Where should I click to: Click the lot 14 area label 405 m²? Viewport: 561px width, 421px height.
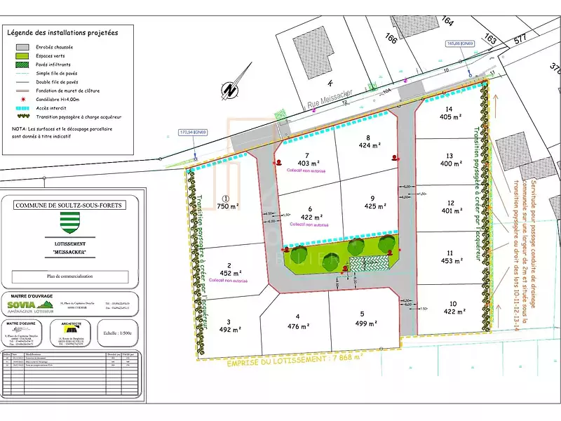pos(448,117)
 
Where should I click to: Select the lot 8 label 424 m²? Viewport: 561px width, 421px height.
pos(369,146)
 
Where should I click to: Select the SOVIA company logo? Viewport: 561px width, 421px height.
pos(29,304)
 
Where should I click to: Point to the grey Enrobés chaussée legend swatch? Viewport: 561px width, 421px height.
pos(23,47)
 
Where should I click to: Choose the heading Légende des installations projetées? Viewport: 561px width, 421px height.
pos(62,32)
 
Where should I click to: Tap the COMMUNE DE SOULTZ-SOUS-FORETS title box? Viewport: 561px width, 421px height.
pos(68,205)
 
